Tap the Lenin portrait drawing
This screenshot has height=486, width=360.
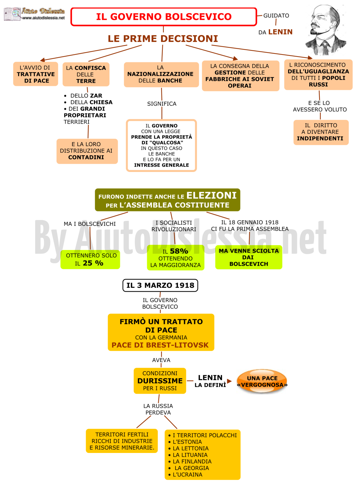pyautogui.click(x=326, y=30)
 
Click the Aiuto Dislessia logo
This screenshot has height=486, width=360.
pyautogui.click(x=34, y=14)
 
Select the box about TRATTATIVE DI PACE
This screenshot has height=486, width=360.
pyautogui.click(x=35, y=74)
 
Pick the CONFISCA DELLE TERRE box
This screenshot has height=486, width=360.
pyautogui.click(x=86, y=74)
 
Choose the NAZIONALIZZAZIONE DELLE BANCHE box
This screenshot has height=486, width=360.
pyautogui.click(x=161, y=75)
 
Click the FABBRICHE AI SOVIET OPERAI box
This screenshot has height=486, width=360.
pyautogui.click(x=240, y=76)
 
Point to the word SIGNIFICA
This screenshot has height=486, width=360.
pyautogui.click(x=162, y=104)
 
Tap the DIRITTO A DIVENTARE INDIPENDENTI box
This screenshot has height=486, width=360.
pyautogui.click(x=321, y=132)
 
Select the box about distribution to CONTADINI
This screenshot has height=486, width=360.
pyautogui.click(x=87, y=151)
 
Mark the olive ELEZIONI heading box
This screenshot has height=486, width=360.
pyautogui.click(x=168, y=200)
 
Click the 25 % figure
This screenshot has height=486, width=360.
pyautogui.click(x=93, y=263)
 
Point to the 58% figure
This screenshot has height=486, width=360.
pyautogui.click(x=179, y=251)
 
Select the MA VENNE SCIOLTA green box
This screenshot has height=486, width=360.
pyautogui.click(x=249, y=257)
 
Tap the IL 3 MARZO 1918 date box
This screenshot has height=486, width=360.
pyautogui.click(x=160, y=285)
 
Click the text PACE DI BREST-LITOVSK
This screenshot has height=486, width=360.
pyautogui.click(x=160, y=345)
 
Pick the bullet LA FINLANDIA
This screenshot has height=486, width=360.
pyautogui.click(x=190, y=461)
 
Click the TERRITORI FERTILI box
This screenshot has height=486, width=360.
pyautogui.click(x=122, y=441)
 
